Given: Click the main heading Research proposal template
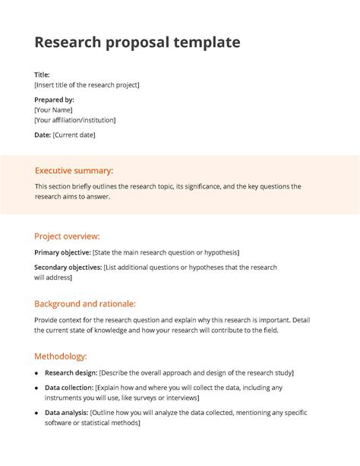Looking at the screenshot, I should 137,43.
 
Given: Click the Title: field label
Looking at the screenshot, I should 43,74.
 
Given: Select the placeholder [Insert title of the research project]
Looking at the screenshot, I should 87,85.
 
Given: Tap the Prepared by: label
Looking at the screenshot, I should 54,100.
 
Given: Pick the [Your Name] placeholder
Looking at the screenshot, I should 53,110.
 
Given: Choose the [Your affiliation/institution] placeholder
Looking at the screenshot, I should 75,120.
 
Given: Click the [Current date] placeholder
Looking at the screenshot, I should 74,135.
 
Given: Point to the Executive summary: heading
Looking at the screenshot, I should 74,171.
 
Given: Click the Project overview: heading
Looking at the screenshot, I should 67,236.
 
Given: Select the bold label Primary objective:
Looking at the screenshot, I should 62,252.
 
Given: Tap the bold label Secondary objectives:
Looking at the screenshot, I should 68,268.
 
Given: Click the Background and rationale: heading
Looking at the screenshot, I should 85,303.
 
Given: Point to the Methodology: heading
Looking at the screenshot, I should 61,356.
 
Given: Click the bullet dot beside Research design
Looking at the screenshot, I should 37,373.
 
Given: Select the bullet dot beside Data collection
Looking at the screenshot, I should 37,388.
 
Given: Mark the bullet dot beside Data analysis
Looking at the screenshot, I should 37,413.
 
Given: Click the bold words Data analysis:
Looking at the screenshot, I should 66,413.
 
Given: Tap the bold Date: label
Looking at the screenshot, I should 43,135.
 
